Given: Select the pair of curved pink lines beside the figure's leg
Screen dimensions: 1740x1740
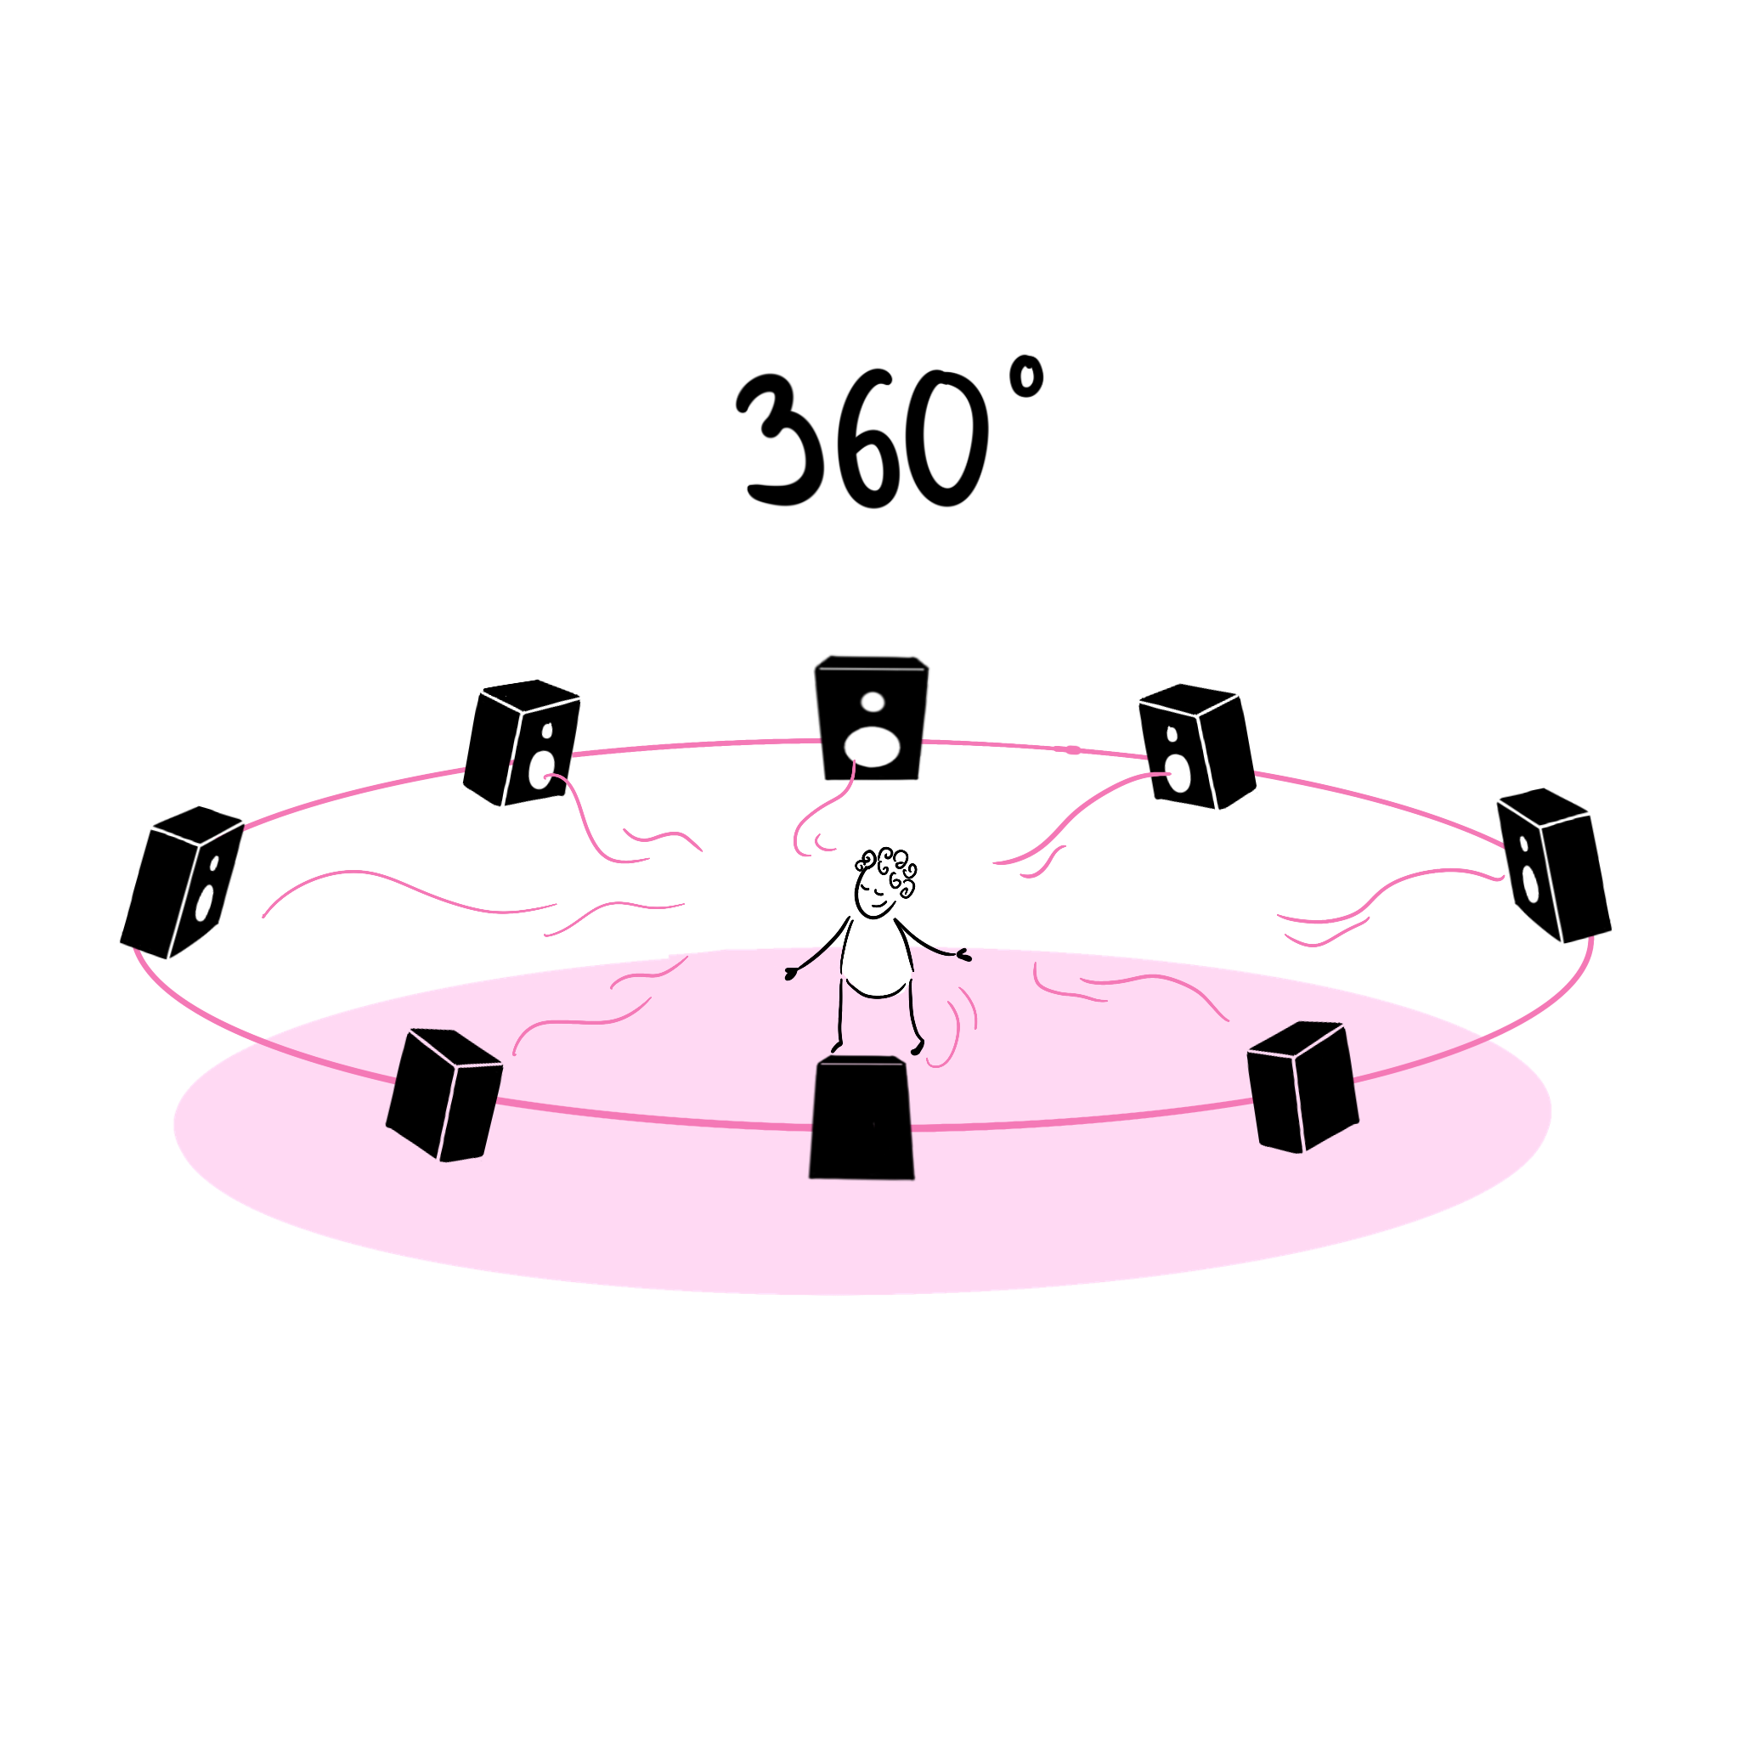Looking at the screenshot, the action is tap(955, 1026).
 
